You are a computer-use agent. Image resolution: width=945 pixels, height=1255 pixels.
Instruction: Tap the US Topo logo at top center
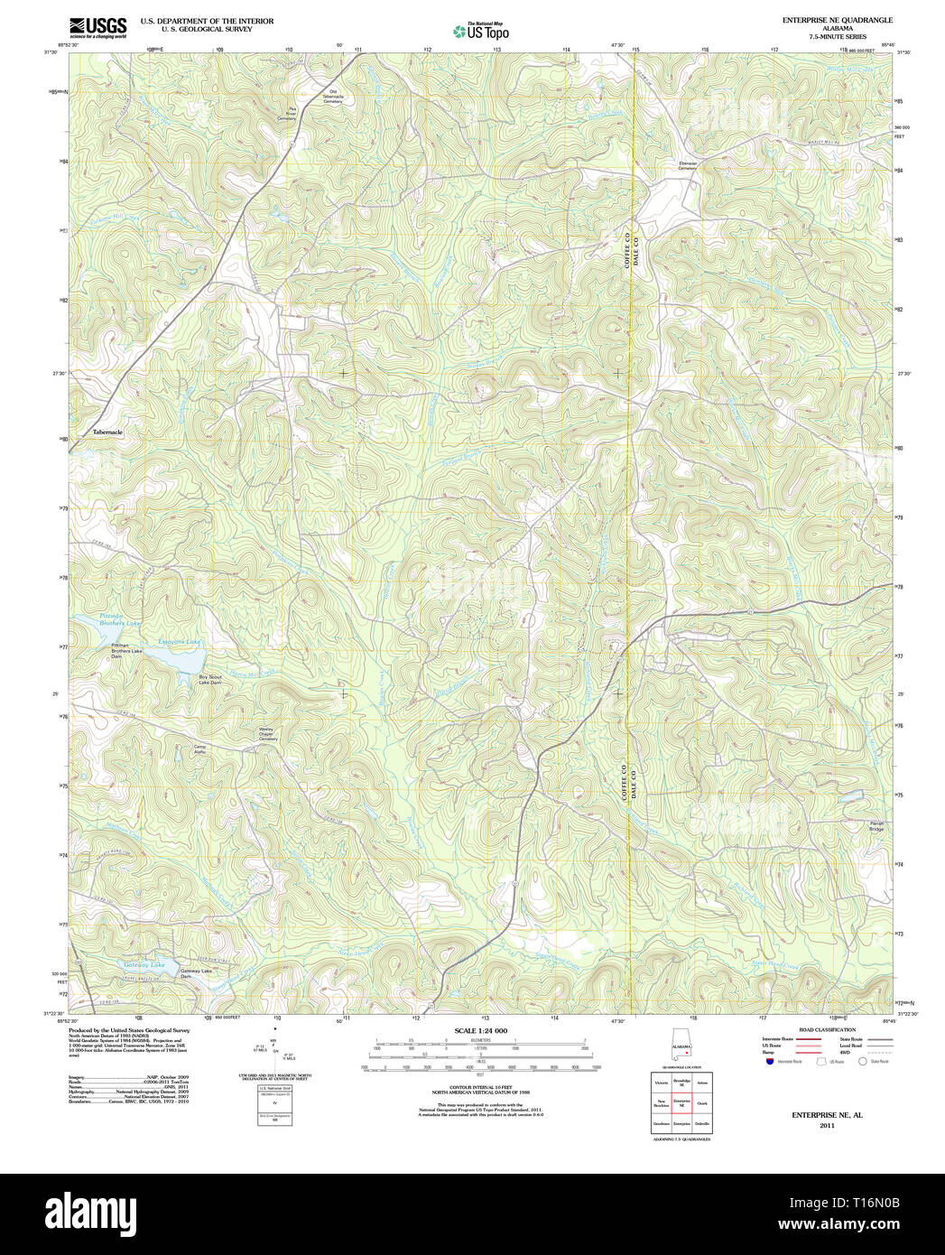click(x=480, y=31)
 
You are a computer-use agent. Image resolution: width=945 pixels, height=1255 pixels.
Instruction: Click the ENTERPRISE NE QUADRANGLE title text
click(x=837, y=20)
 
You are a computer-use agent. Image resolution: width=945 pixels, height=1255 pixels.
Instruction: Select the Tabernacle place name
click(x=107, y=432)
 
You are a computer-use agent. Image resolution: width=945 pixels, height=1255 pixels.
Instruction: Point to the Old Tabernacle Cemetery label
click(x=333, y=97)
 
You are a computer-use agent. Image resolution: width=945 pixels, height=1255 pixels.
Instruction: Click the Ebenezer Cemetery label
click(x=688, y=165)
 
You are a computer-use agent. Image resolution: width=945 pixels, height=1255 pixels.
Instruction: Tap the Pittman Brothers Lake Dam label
click(x=127, y=651)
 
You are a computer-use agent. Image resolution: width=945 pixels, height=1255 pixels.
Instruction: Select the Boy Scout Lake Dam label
click(x=209, y=680)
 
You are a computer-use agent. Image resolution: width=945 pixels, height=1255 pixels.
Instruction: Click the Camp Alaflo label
click(x=200, y=748)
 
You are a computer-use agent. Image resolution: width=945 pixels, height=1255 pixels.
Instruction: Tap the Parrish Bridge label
click(x=851, y=825)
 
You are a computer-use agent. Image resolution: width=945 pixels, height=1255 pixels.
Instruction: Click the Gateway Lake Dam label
click(x=195, y=973)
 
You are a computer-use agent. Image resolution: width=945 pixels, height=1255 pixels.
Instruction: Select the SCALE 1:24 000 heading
click(x=480, y=1030)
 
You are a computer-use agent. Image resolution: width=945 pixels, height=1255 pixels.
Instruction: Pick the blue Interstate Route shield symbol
click(x=768, y=1062)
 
